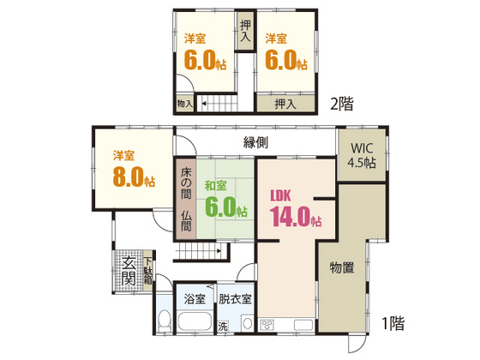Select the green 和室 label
pos(215,186)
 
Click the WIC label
pos(361,148)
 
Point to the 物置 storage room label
pos(343,267)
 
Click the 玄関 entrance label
pos(129,271)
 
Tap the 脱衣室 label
pos(234,299)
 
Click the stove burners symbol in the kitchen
pos(266,323)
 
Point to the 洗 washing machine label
pos(223,326)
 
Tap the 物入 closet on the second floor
pos(184,103)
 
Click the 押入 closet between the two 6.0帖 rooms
pos(245,33)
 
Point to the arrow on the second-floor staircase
pos(207,104)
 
